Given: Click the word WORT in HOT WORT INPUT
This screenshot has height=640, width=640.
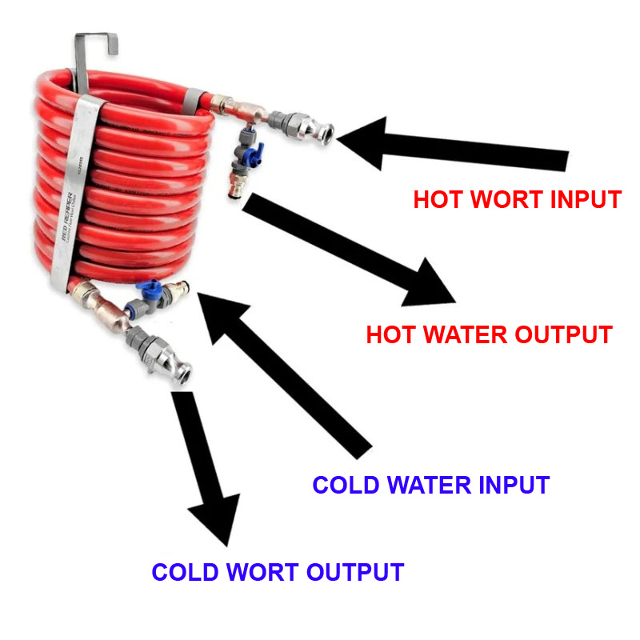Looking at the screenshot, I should click(x=503, y=200).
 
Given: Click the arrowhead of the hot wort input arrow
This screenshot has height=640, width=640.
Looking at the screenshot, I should click(x=364, y=141).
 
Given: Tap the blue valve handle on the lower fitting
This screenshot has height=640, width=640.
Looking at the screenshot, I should click(x=147, y=287).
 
